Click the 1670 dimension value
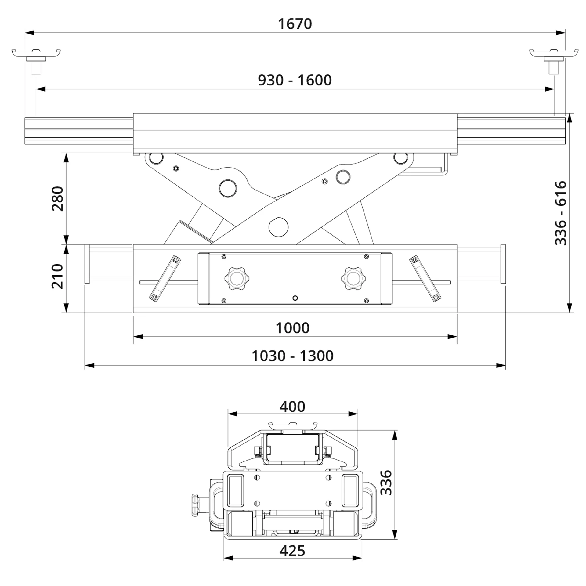coord(295,24)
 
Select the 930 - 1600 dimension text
coord(295,80)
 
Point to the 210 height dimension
coord(58,276)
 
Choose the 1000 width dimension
coord(292,328)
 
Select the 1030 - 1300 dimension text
coord(292,356)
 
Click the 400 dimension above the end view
coord(292,407)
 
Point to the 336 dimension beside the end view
coord(386,483)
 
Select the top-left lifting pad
coord(36,53)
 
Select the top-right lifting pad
coord(554,53)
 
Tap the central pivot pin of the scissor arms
coord(278,227)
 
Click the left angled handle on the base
coord(165,279)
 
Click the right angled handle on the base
coord(425,279)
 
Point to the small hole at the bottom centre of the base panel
coord(295,298)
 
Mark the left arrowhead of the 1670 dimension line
coord(29,33)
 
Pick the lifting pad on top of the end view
coord(292,425)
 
